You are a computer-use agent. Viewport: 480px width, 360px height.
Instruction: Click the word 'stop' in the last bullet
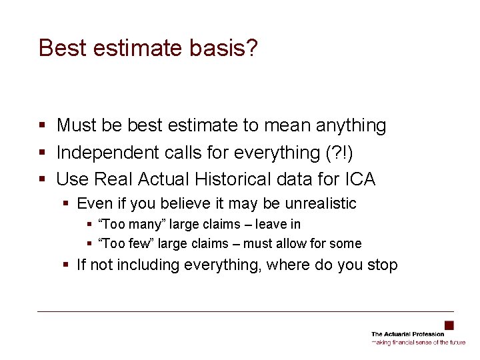[x=382, y=265]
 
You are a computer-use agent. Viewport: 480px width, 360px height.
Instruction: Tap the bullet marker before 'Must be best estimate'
[x=42, y=125]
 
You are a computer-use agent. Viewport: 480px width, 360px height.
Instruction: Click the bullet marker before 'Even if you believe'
[x=66, y=203]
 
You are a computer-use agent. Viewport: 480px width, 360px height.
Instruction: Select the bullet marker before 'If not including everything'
[x=66, y=265]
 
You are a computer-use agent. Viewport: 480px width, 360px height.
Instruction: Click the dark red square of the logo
[x=449, y=325]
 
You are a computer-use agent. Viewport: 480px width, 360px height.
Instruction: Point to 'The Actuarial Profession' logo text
[x=407, y=334]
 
